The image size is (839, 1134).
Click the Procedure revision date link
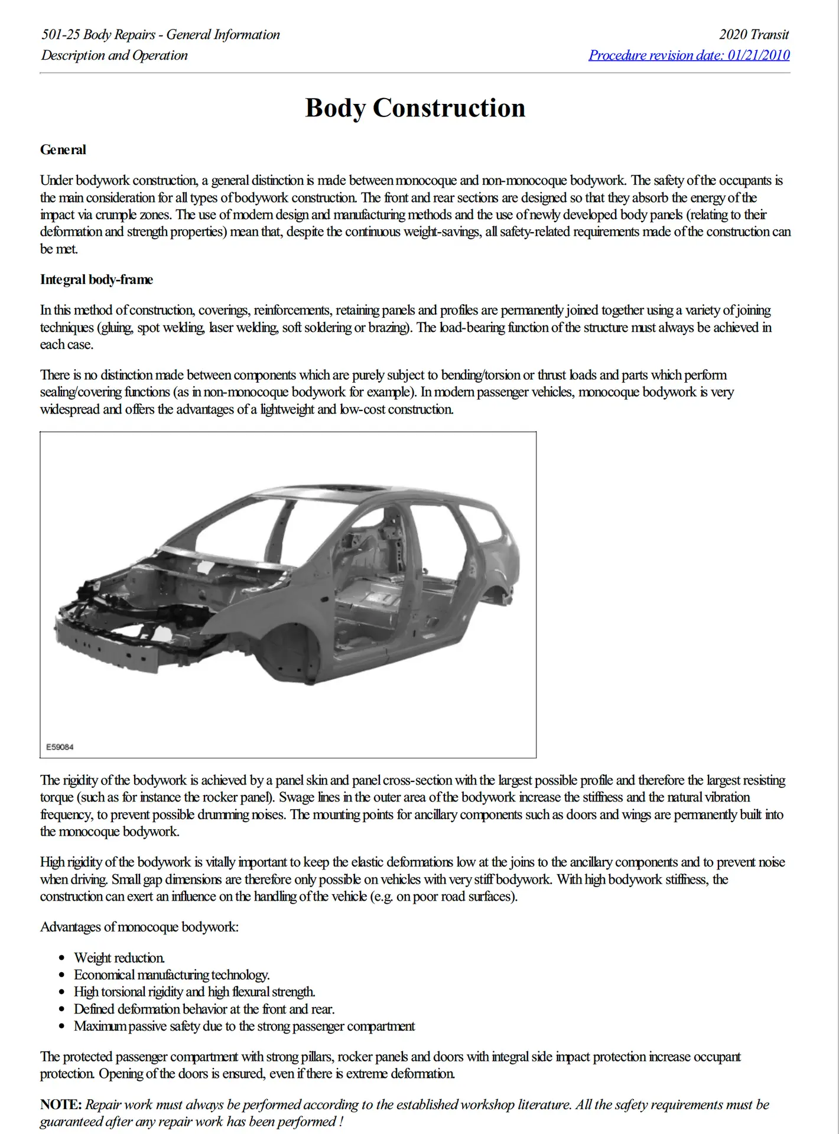coord(688,56)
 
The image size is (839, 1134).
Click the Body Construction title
coord(415,108)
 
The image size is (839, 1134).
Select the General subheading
coord(63,150)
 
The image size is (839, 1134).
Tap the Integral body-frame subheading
coord(96,280)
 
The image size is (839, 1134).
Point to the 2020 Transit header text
coord(753,35)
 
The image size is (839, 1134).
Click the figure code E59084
coord(60,747)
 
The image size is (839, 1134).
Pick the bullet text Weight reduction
coord(119,958)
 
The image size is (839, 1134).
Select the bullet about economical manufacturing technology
coord(171,975)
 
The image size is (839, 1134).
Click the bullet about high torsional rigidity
coord(194,992)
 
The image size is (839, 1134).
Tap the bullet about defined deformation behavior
coord(204,1009)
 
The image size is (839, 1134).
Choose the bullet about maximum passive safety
coord(244,1027)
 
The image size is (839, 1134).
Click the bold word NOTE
coord(61,1104)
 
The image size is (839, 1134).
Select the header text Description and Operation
coord(115,56)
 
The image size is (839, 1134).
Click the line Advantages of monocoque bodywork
coord(139,927)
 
